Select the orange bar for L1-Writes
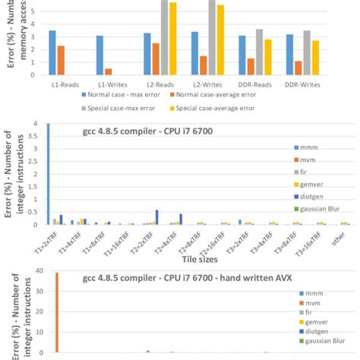coord(109,71)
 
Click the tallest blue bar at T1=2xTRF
coord(49,174)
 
